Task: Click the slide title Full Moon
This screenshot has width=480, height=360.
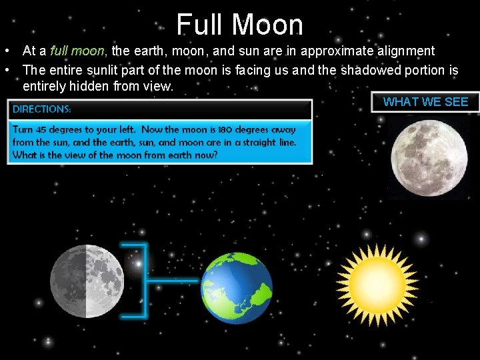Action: click(239, 25)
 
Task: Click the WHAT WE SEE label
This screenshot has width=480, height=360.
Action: click(425, 102)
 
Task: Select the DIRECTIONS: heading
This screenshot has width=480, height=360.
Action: click(42, 109)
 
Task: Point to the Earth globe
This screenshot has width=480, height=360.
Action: click(237, 287)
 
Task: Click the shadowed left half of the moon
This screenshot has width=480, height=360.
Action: click(69, 281)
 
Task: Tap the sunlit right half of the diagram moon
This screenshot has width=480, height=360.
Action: click(105, 281)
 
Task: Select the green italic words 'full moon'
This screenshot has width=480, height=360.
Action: click(79, 51)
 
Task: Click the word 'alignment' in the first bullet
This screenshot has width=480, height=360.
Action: click(406, 51)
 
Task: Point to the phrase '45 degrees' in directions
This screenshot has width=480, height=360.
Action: click(67, 129)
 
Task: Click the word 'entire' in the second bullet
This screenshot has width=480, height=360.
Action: click(62, 69)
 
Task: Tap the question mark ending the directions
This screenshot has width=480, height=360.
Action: click(215, 155)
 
